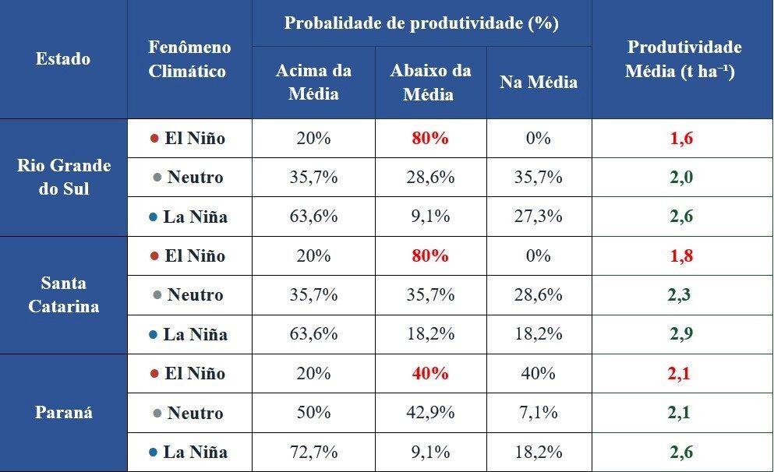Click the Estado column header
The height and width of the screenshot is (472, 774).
coord(63,59)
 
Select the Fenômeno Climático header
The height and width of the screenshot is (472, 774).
coord(189,59)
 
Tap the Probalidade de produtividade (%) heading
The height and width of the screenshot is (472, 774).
coord(421,23)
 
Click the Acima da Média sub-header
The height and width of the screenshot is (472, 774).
coord(313,82)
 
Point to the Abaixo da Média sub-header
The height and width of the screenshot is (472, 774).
coord(430,82)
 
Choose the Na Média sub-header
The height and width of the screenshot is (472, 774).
coord(539,82)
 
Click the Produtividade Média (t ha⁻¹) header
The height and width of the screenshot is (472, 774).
coord(684,59)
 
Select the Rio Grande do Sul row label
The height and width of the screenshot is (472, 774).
coord(63,177)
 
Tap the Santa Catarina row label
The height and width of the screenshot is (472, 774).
coord(63,294)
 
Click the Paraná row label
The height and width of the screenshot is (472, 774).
coord(63,413)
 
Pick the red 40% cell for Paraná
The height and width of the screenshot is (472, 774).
coord(430,373)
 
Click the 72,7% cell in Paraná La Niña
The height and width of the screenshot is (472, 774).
coord(313,452)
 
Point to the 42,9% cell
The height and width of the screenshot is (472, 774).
coord(430,413)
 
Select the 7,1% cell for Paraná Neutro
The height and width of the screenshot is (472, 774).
coord(539,413)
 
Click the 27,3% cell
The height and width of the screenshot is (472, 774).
coord(539,217)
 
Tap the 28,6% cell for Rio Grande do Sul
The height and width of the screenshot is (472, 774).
coord(430,177)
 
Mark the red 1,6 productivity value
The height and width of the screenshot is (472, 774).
coord(681,139)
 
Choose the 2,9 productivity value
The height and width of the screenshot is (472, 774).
coord(681,334)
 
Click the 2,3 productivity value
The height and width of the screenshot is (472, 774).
coord(680,295)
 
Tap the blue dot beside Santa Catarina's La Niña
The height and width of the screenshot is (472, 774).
coord(154,335)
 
